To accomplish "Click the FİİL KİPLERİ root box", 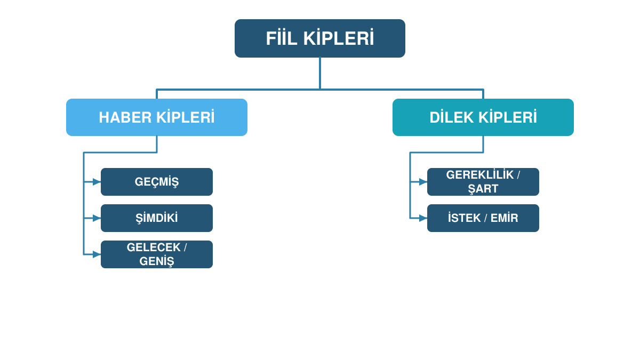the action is pos(319,38).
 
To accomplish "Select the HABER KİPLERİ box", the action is pos(157,117).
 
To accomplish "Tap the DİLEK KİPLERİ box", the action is pos(483,117).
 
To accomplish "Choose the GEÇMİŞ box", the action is pos(157,182).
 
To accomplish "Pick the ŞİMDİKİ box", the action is pos(157,218).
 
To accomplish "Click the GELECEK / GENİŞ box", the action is pos(157,254).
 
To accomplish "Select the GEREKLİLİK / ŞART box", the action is pos(483,182).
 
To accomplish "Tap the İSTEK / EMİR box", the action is pos(483,218).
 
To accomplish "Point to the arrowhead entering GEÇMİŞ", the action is pos(97,182).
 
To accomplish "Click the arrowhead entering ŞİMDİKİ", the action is pos(97,218).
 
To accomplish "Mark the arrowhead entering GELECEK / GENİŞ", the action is pos(97,254).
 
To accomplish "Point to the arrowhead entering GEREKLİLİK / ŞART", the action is pos(423,182).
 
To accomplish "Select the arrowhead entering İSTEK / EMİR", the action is pos(423,218).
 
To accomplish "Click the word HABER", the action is pos(125,118).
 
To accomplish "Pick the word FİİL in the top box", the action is pos(282,38).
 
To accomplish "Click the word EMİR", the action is pos(505,218).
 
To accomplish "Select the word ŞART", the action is pos(483,189).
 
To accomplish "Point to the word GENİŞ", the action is pos(157,261).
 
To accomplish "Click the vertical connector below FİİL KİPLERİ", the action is pos(320,74).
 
